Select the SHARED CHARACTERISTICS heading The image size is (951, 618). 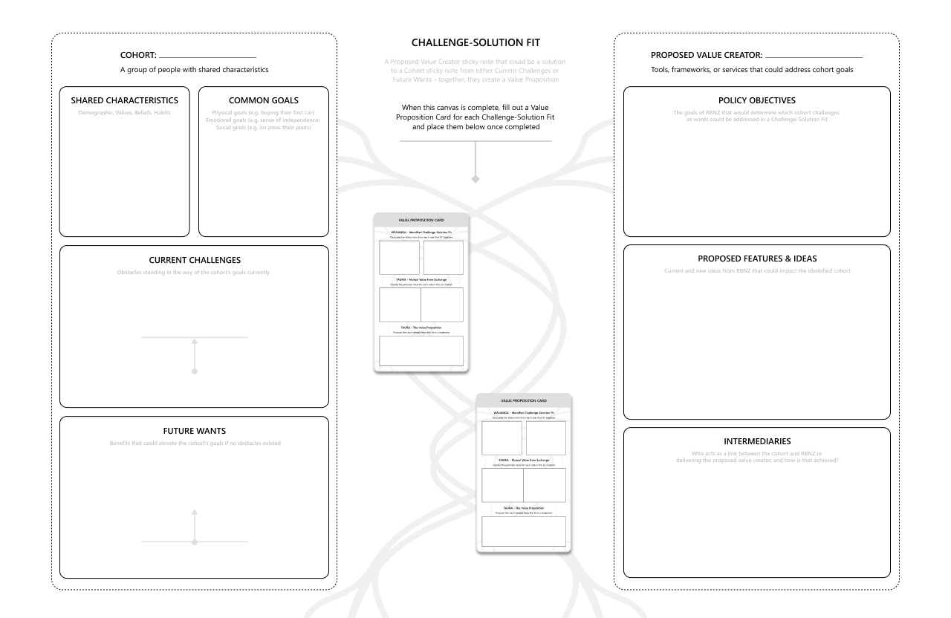(x=124, y=100)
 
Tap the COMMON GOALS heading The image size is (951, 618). (x=264, y=100)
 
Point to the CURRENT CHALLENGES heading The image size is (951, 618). (x=194, y=260)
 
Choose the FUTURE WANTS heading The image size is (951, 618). (x=194, y=431)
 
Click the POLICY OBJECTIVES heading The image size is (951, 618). (x=756, y=100)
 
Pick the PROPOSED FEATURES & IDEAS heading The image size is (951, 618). (x=756, y=258)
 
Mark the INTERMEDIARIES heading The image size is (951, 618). (x=756, y=441)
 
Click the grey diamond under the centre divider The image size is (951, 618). (x=475, y=179)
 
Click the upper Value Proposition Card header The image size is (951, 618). (x=421, y=221)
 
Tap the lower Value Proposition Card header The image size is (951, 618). (x=524, y=400)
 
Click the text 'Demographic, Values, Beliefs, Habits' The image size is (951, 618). (x=124, y=113)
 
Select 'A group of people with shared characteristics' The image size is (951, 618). (x=194, y=70)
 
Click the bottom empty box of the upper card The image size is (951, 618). (x=421, y=351)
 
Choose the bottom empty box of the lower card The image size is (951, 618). (x=524, y=532)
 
